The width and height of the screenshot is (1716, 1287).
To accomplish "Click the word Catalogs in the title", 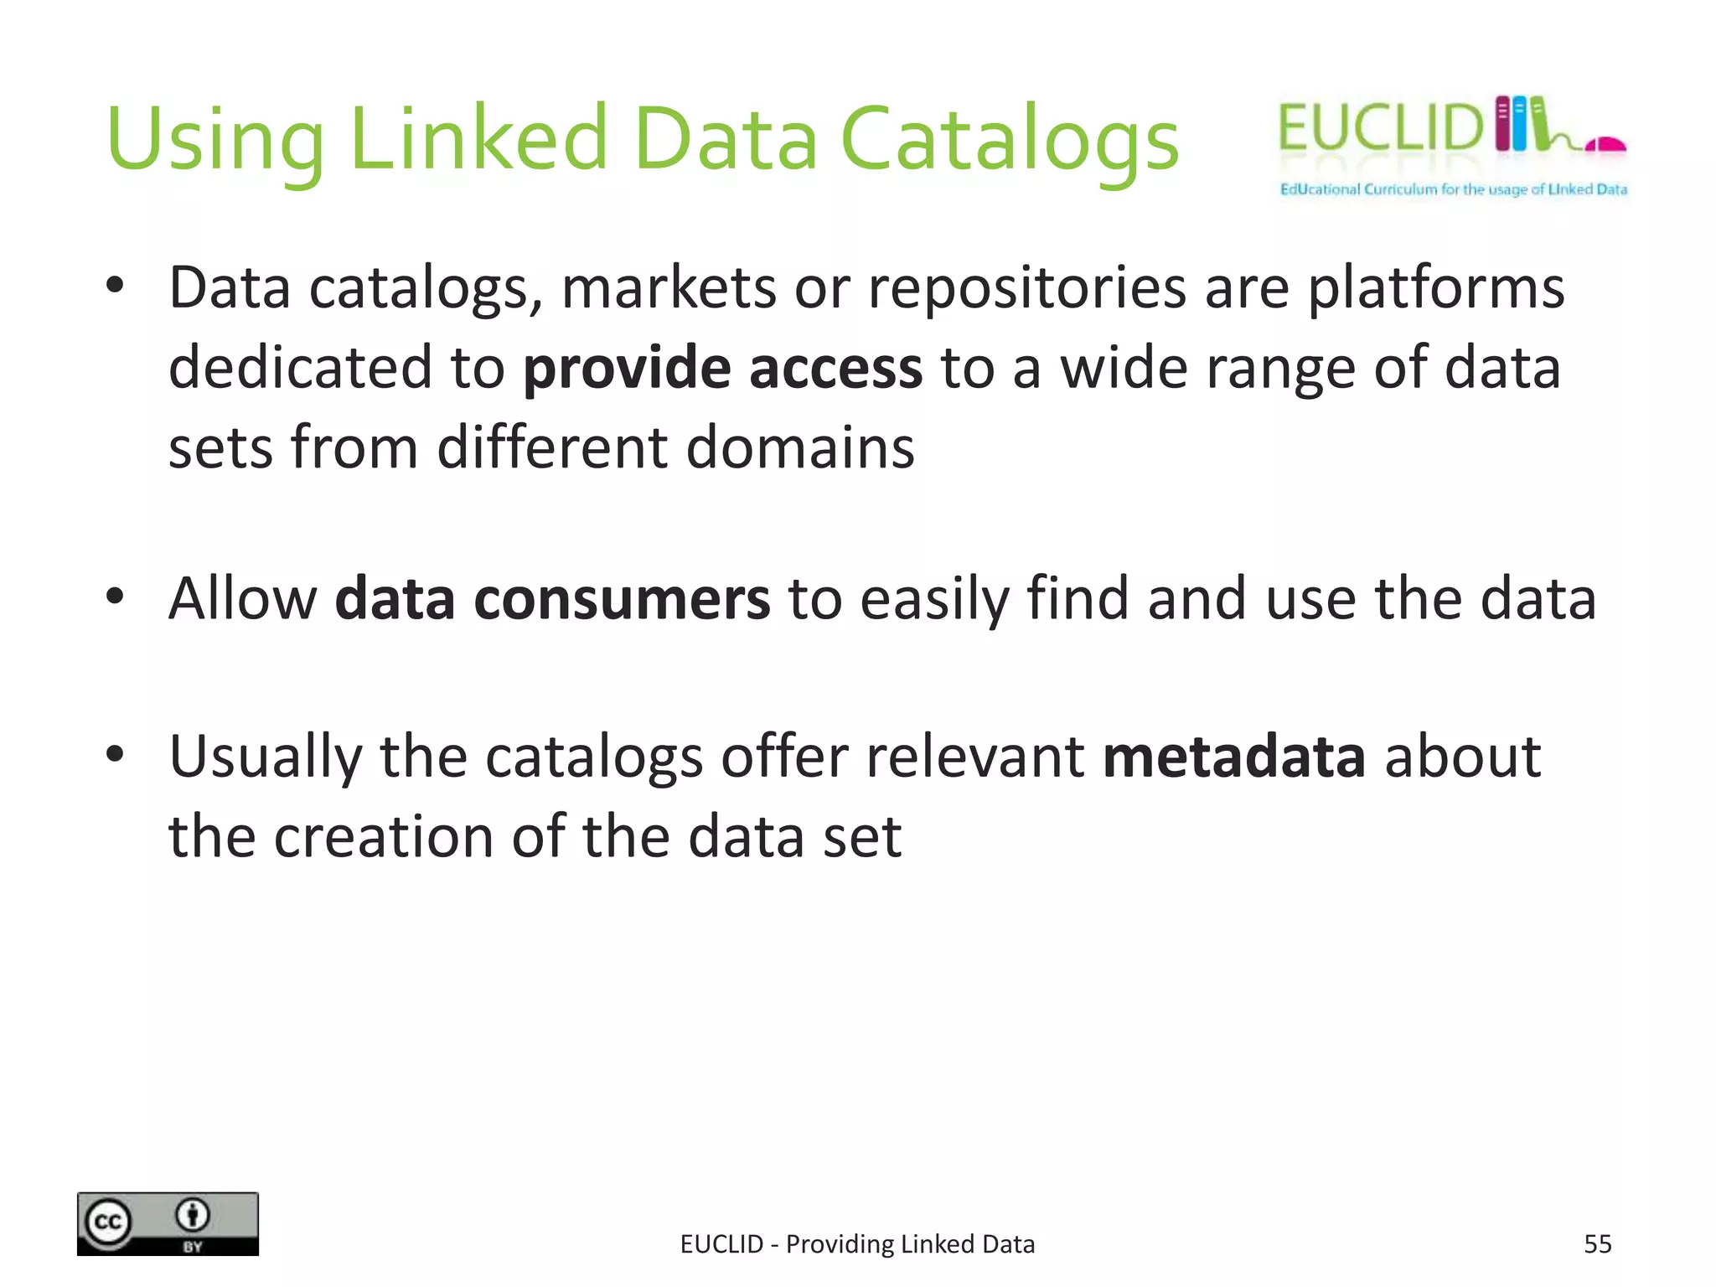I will pos(1009,140).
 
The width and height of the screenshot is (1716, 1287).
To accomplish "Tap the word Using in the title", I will pos(214,140).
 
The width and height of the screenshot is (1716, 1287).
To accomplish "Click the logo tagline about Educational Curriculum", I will pos(1453,189).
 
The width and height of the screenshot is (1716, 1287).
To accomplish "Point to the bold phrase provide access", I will pos(722,369).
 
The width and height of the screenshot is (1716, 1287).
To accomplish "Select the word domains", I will pos(800,447).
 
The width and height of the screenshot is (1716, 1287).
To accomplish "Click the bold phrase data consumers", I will pos(552,599).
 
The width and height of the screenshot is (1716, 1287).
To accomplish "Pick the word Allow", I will pos(242,599).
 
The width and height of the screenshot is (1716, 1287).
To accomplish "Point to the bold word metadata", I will pos(1233,757).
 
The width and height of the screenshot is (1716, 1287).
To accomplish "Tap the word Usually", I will pos(265,757).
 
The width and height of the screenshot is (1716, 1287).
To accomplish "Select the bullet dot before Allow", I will pos(115,597).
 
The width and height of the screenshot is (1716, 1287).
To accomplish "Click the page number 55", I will pos(1597,1244).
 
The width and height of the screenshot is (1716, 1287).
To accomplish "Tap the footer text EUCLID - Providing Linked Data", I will pos(857,1244).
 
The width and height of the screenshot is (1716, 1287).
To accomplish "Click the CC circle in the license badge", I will pos(107,1222).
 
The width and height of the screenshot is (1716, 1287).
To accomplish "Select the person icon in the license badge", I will pos(193,1215).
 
